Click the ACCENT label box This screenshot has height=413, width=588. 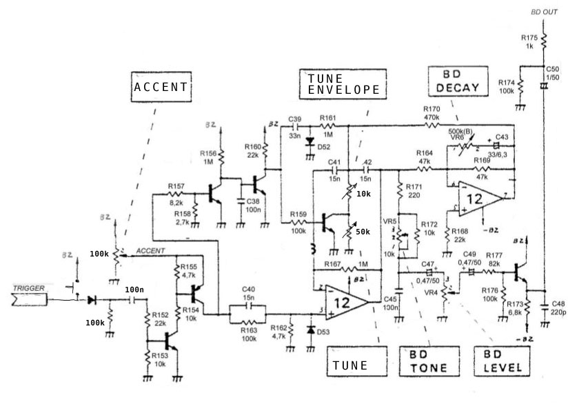[x=161, y=87]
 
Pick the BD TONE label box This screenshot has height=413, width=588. [x=429, y=361]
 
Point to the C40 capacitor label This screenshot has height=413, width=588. [x=250, y=289]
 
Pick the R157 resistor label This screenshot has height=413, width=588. [x=177, y=186]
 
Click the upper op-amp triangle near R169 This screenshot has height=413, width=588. [x=478, y=197]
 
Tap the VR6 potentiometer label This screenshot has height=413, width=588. [x=455, y=138]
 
